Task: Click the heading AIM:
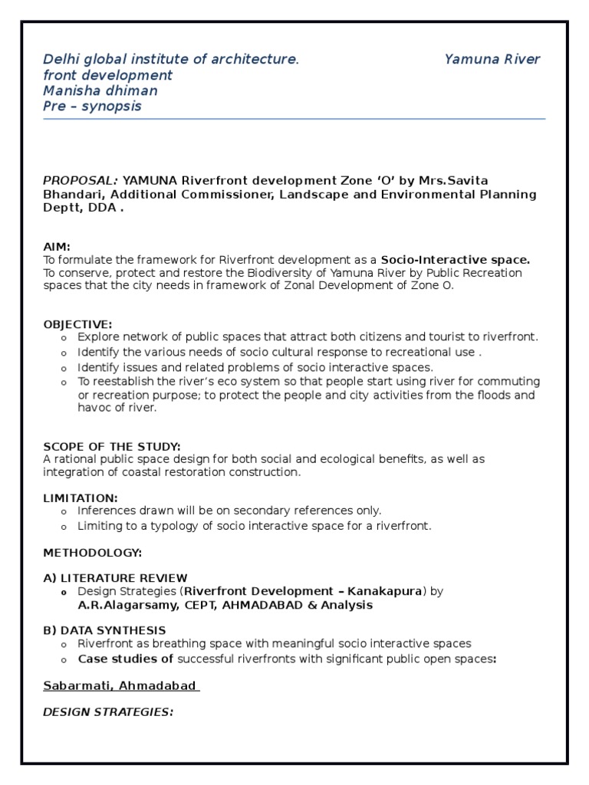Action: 57,247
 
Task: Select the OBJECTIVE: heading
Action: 77,324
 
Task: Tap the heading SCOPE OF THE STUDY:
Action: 112,446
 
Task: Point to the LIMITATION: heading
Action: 81,498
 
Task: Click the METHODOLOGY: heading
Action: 92,552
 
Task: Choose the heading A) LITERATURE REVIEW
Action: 115,578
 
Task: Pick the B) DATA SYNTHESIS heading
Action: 104,630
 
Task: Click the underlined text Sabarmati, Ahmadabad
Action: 120,685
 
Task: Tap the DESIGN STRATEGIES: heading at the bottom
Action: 108,712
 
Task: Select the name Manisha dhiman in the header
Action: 100,90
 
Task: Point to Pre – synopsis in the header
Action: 92,106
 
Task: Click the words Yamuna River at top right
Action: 492,59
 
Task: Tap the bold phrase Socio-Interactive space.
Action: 456,260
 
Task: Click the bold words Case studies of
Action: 125,659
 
